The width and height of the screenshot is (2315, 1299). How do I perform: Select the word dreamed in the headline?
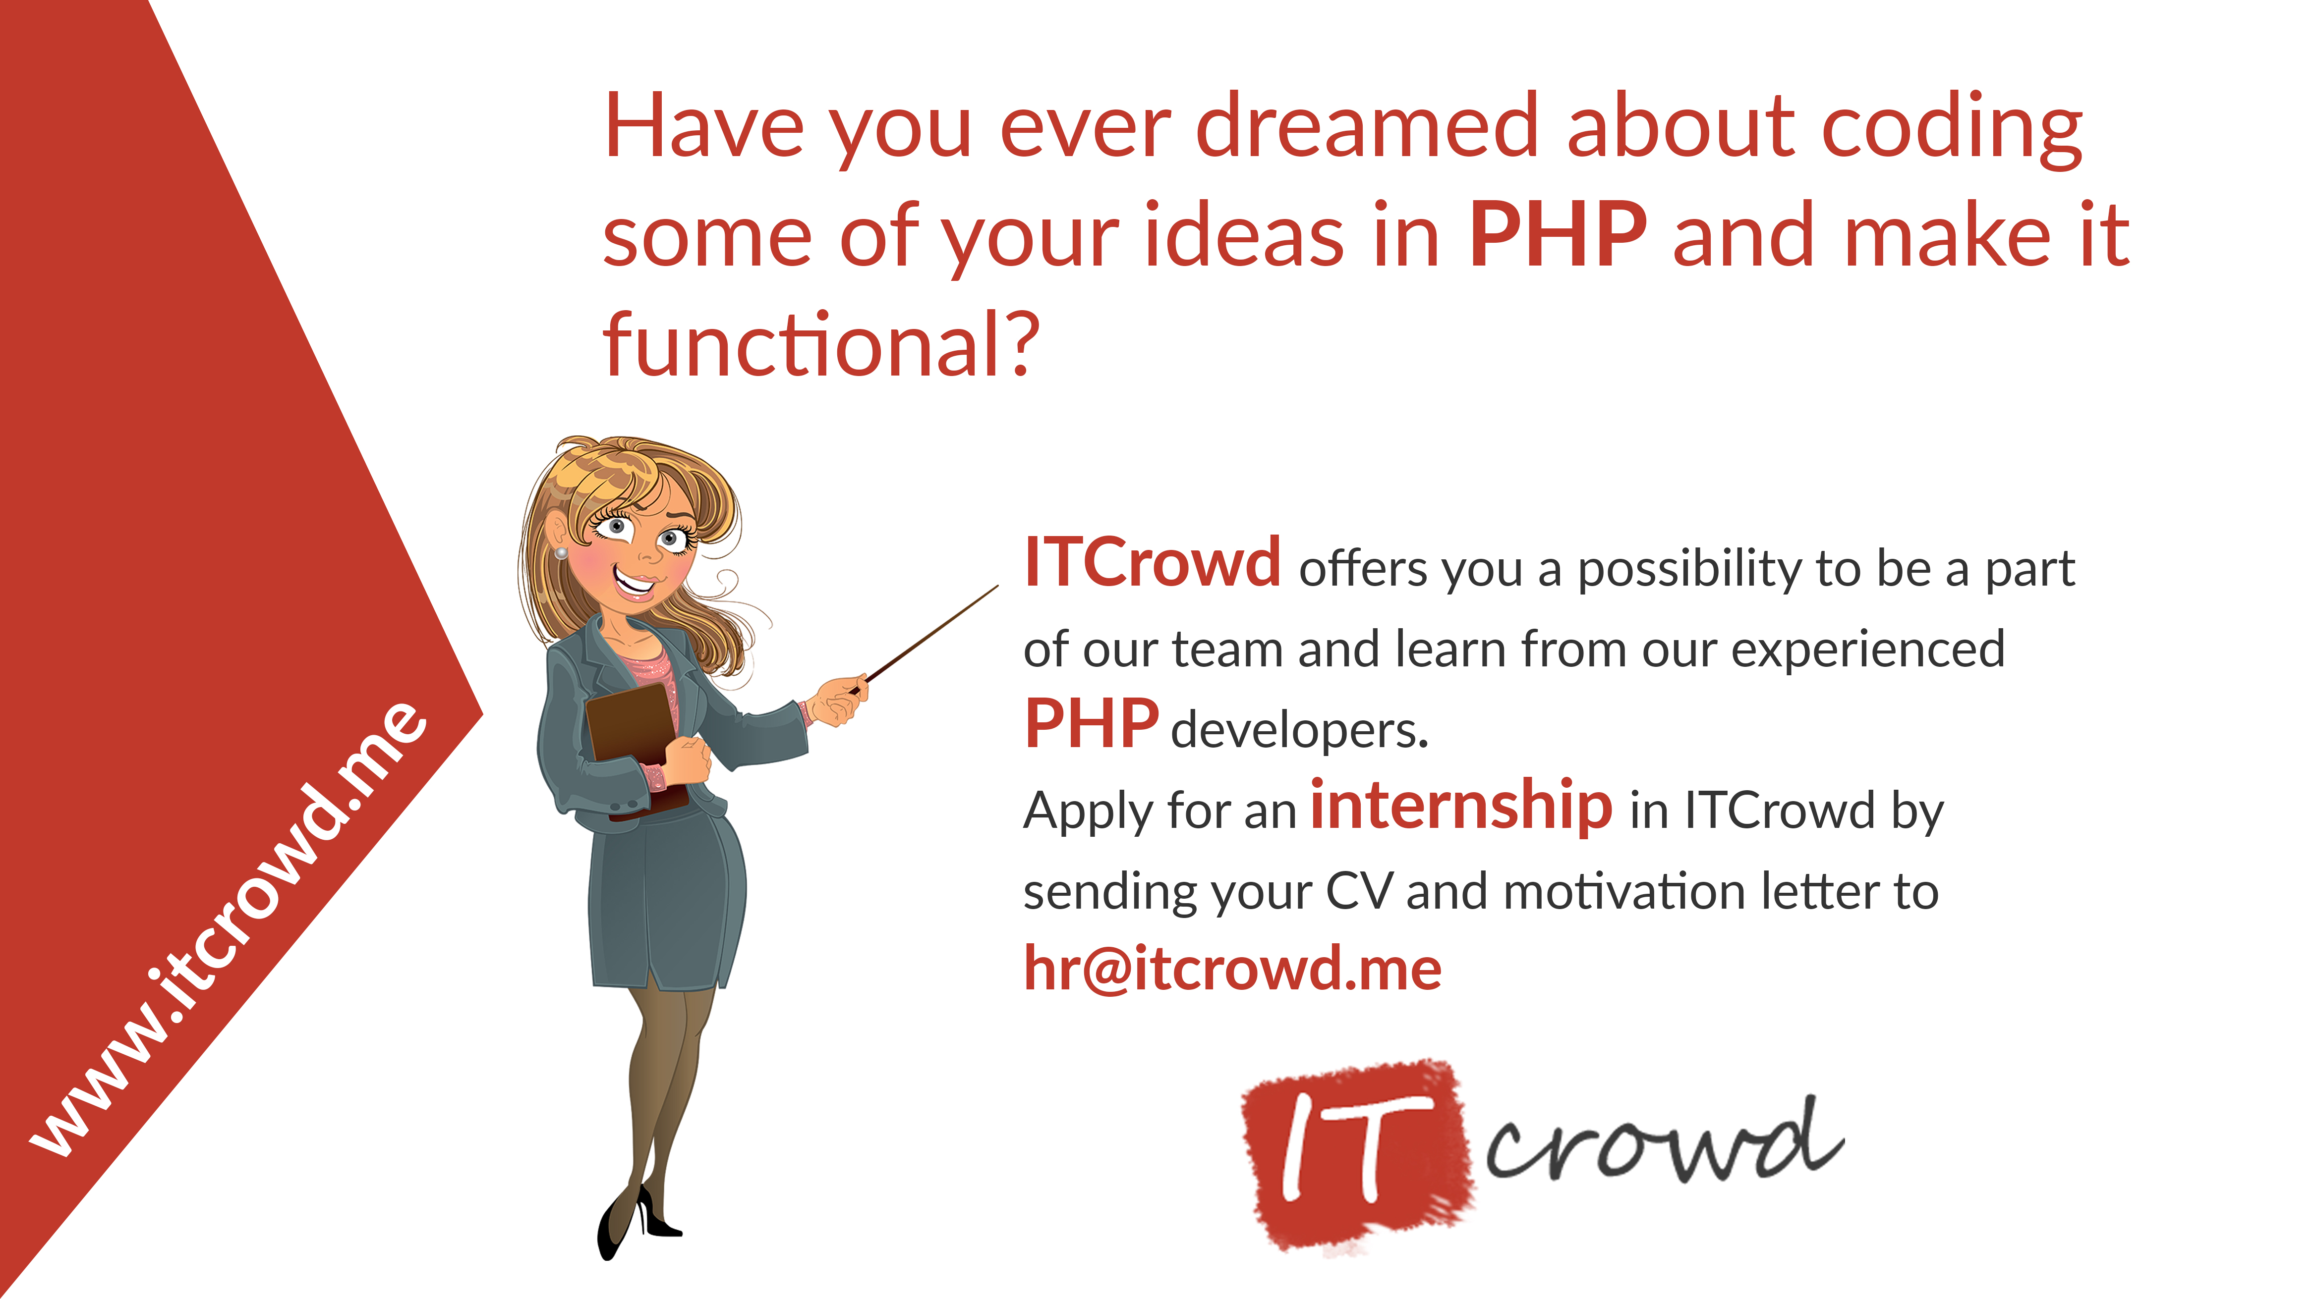click(x=1367, y=126)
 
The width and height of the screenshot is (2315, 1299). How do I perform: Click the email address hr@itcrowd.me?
click(x=1232, y=969)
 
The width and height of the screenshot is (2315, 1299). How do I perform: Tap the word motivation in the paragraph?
click(x=1624, y=892)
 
